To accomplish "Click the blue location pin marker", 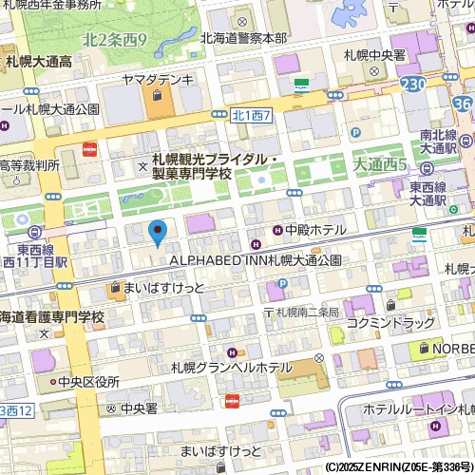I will tap(158, 231).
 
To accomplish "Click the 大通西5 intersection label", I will tap(379, 164).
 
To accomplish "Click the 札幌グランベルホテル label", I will tap(232, 368).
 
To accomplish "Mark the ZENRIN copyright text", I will tap(398, 467).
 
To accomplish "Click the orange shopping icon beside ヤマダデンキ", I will tap(157, 96).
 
